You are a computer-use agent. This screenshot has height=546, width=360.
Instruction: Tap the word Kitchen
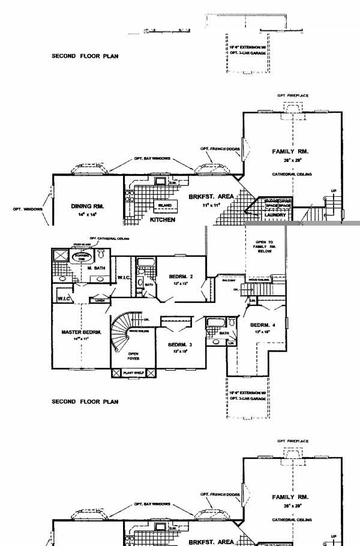162,220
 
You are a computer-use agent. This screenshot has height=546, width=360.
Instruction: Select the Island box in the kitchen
165,205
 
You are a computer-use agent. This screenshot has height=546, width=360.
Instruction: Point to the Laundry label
275,214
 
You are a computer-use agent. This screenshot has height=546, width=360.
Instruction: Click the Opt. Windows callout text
26,209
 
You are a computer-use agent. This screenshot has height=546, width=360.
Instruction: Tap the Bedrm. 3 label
179,344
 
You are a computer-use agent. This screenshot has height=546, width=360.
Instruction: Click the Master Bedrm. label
81,332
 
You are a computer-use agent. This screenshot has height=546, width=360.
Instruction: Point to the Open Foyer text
133,356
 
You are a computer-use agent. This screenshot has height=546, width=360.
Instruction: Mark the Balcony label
229,280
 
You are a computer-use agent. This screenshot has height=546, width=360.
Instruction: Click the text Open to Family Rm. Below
264,246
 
